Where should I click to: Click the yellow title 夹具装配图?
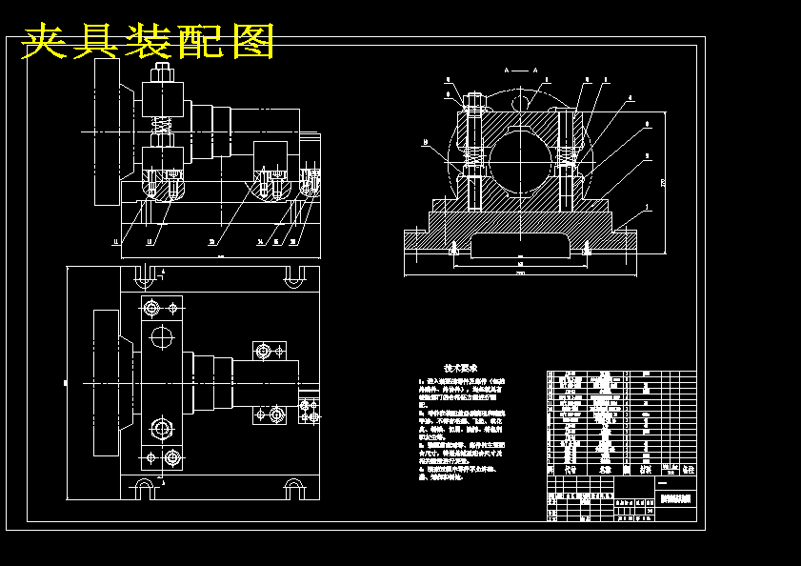[148, 42]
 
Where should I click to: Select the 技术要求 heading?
[460, 368]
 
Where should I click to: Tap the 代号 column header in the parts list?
[570, 470]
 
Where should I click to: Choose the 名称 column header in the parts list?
[604, 470]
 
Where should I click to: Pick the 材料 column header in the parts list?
[645, 470]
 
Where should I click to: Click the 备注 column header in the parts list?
[689, 470]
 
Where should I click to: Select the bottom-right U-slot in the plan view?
[295, 490]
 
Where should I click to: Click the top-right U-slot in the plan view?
[295, 276]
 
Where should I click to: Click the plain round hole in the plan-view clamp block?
[163, 336]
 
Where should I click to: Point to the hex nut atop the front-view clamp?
[161, 72]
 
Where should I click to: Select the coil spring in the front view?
[161, 125]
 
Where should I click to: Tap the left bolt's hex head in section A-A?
[474, 99]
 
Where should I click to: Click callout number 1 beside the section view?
[648, 207]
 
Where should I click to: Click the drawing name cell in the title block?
[676, 499]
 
